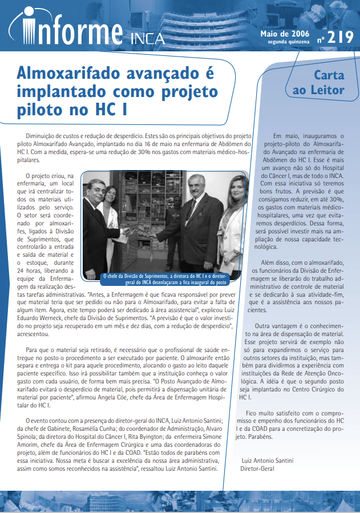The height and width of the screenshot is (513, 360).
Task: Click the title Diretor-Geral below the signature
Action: point(257,468)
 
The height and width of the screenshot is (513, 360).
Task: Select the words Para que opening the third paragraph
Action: point(37,349)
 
